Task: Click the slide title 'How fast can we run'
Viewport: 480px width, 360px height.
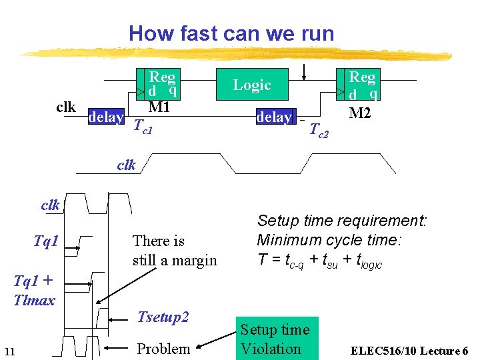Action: tap(231, 33)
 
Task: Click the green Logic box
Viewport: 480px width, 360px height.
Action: tap(252, 85)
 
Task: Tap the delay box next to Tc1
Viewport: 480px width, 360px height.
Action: tap(106, 118)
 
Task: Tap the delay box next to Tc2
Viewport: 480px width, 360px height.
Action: tap(274, 117)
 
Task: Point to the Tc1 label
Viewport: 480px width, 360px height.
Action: tap(143, 125)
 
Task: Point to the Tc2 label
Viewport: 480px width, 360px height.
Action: tap(319, 131)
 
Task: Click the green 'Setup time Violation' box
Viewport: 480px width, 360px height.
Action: tap(275, 339)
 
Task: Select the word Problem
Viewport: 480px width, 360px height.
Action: tap(163, 349)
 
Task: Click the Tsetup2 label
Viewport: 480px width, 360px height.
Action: tap(163, 317)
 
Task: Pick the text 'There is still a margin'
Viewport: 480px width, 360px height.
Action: tap(175, 250)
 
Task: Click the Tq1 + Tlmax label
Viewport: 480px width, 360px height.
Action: tap(34, 290)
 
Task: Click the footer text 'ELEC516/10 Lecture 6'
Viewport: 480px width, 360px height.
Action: tap(409, 351)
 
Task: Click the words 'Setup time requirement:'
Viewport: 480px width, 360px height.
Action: tap(342, 221)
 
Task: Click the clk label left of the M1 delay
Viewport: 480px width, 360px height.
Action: tap(65, 107)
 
